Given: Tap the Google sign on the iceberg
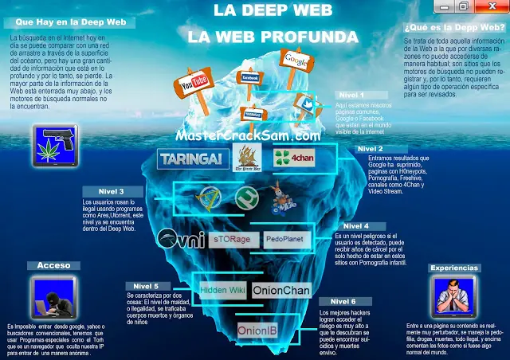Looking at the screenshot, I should coord(295,61).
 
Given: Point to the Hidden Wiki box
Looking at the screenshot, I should coord(223,290).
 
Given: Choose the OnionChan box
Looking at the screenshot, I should coord(281,291).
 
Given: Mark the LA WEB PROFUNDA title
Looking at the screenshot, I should coord(261,37).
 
